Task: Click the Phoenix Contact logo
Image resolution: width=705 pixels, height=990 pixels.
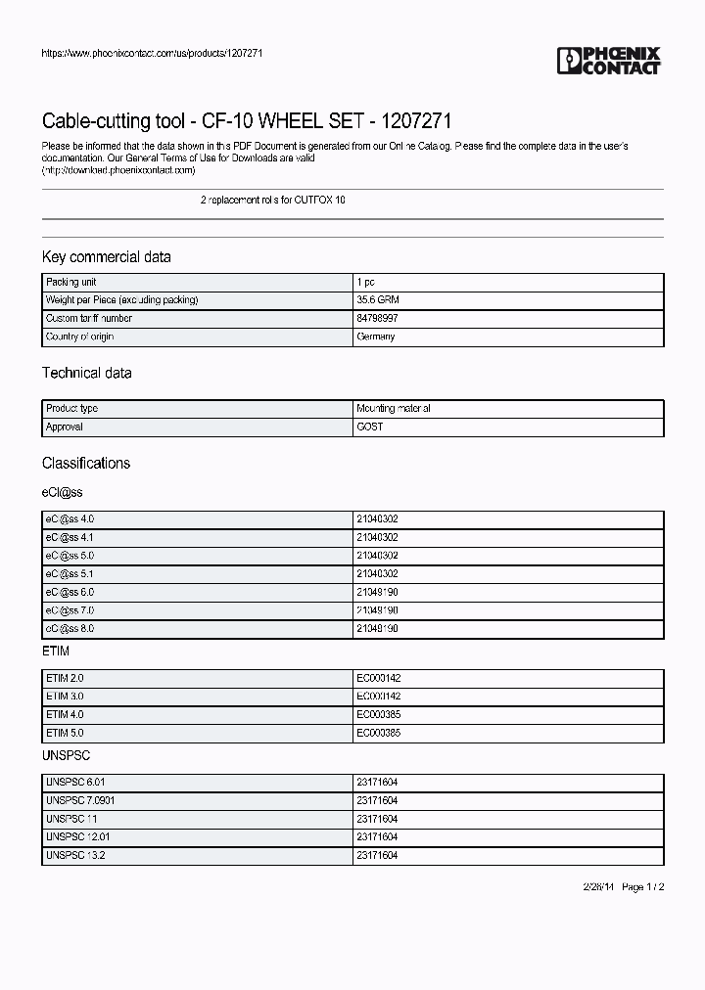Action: pos(609,61)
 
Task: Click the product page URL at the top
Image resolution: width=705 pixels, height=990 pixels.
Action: pos(152,53)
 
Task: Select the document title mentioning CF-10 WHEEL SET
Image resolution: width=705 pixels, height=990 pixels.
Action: pos(247,121)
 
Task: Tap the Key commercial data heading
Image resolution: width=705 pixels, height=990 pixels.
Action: pos(107,257)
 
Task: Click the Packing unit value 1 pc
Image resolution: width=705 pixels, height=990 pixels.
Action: pos(365,282)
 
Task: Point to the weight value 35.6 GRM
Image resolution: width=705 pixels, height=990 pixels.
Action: pos(377,300)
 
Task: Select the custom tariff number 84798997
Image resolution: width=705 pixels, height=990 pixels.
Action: pos(377,319)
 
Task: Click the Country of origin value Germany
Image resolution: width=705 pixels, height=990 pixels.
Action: pos(376,337)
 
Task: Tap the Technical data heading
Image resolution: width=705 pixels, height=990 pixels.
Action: pos(86,373)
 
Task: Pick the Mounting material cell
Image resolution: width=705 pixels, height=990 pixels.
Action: pos(394,409)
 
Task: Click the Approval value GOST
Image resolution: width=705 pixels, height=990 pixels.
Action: pos(370,427)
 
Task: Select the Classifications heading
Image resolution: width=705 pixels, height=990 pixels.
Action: pos(86,463)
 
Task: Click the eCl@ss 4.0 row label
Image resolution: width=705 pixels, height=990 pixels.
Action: pos(70,518)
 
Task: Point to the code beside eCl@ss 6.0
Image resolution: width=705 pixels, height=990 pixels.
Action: pos(377,592)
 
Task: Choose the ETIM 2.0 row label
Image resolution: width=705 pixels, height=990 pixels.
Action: pos(65,677)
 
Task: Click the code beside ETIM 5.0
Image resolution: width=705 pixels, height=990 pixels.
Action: pos(377,733)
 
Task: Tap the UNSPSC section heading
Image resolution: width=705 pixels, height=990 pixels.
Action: pos(67,756)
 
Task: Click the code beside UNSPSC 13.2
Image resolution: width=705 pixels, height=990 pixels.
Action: pos(377,855)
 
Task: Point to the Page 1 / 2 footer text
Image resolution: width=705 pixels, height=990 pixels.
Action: pos(644,886)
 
